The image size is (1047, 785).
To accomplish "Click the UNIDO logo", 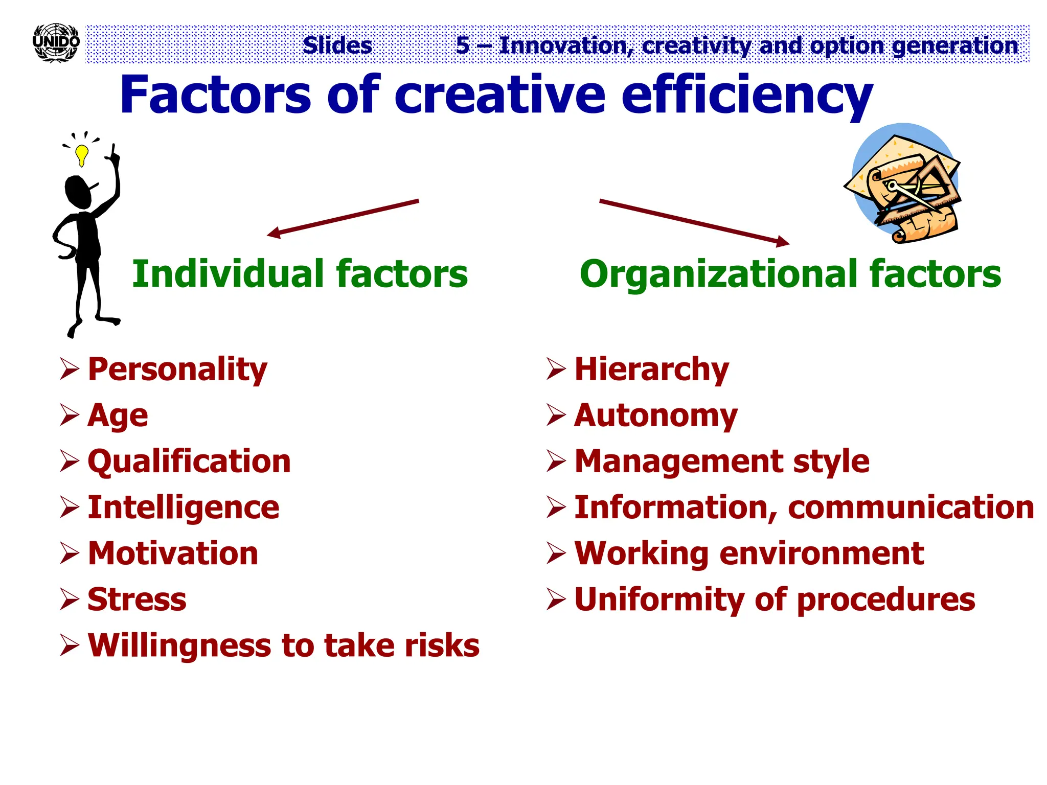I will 56,43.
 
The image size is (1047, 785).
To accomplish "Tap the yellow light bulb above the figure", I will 81,154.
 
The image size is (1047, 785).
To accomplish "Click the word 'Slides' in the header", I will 337,45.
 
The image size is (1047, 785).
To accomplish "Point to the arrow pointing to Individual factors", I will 343,218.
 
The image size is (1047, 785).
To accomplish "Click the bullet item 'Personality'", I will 177,370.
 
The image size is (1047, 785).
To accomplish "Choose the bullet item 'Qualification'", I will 189,461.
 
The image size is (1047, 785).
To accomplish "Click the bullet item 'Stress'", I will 137,599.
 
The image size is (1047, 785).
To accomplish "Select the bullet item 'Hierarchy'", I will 652,370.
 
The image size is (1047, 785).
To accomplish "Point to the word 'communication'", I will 911,507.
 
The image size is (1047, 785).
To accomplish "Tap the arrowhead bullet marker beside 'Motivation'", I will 69,553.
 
